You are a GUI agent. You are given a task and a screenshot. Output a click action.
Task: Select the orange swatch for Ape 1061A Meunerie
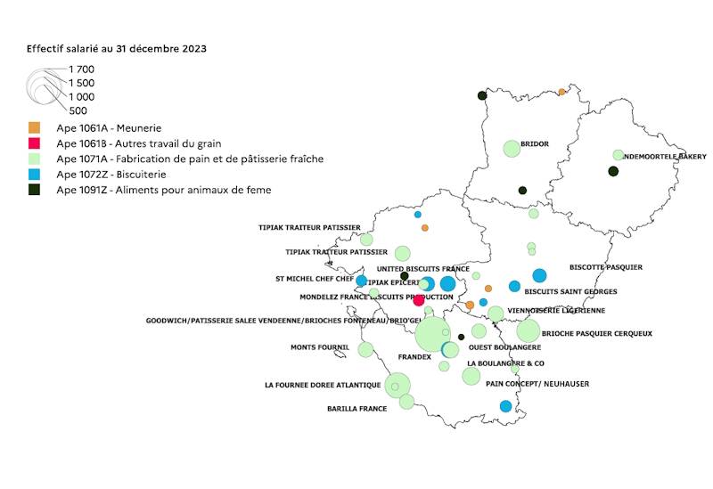click(x=35, y=128)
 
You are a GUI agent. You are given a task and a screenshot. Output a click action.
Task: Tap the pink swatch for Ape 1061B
click(x=35, y=143)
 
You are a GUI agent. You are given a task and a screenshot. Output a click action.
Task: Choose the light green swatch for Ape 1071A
click(x=35, y=159)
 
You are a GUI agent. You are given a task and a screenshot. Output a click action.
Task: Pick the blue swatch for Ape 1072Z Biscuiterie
click(x=35, y=175)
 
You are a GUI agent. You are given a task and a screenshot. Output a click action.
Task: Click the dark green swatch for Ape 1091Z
click(x=35, y=190)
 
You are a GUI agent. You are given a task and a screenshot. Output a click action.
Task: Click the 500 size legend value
click(x=78, y=110)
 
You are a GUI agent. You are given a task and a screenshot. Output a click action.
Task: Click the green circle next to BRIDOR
click(x=511, y=149)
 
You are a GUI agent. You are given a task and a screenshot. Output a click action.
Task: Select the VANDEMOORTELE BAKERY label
click(x=661, y=156)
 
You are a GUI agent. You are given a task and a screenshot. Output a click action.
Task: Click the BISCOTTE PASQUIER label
click(x=605, y=267)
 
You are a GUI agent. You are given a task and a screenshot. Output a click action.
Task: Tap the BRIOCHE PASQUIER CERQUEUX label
click(x=597, y=334)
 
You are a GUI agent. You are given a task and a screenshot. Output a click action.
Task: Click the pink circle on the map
click(x=419, y=300)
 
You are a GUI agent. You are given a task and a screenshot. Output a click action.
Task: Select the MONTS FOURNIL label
click(x=321, y=347)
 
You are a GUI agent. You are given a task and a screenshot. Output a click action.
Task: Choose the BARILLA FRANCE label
click(x=357, y=409)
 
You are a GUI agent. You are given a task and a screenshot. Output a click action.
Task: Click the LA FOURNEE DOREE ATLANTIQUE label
click(x=323, y=386)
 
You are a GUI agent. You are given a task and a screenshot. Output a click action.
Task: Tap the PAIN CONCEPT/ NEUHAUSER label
click(x=537, y=385)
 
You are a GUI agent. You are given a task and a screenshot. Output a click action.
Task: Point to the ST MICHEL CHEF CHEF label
click(x=315, y=279)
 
